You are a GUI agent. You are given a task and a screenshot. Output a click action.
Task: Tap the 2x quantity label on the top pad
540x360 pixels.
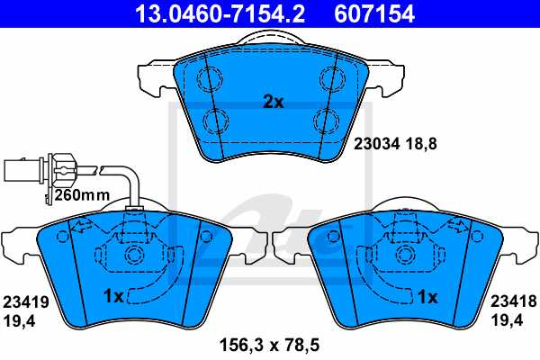click(x=273, y=103)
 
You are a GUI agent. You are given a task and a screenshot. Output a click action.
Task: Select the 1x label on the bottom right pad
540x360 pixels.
click(x=427, y=295)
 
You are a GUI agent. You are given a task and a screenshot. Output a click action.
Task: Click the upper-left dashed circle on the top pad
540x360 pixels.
click(x=214, y=76)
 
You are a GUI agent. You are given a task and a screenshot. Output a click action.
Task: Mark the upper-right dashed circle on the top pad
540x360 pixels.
click(x=325, y=76)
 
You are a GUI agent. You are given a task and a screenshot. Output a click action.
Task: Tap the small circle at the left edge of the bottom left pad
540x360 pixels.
click(x=62, y=237)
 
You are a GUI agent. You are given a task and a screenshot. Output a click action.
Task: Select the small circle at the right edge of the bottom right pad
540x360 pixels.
click(x=477, y=237)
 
